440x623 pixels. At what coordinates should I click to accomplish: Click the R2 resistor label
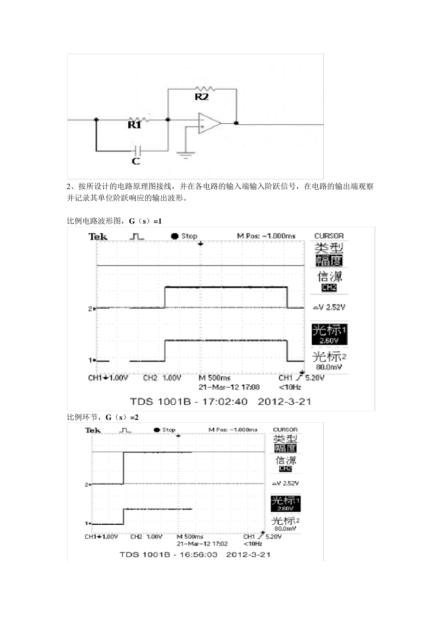tap(201, 97)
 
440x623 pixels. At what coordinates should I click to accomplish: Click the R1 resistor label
tap(134, 125)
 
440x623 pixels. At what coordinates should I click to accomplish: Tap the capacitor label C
tap(136, 162)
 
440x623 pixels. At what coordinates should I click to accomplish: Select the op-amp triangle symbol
tap(209, 123)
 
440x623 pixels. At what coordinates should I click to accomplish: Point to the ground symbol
tap(186, 154)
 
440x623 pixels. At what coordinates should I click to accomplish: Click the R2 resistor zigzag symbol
tap(204, 88)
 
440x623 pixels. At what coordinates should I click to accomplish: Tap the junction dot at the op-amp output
tap(236, 123)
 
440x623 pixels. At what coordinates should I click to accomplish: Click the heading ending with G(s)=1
tap(114, 221)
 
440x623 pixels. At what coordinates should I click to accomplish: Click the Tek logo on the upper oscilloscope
tap(98, 237)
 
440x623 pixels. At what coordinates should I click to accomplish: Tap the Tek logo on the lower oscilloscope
tap(93, 431)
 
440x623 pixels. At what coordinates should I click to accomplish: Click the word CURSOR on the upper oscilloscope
tap(329, 236)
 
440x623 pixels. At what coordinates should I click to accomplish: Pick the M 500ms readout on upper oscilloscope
tap(214, 378)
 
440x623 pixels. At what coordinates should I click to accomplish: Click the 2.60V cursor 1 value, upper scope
tap(329, 340)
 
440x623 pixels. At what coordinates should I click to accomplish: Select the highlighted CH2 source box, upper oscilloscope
tap(329, 288)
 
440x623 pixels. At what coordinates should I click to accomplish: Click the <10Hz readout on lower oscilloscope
tap(252, 544)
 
